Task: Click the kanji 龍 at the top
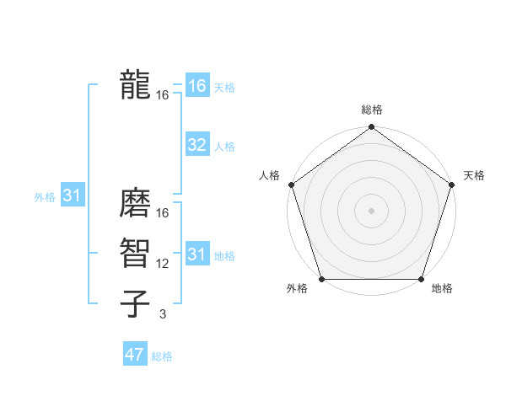click(135, 85)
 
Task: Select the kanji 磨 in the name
click(135, 206)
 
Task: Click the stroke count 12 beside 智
click(163, 264)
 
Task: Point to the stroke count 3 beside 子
click(163, 314)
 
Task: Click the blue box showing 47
click(135, 355)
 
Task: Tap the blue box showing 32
click(197, 145)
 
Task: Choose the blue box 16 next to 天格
click(197, 86)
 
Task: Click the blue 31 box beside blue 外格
click(71, 196)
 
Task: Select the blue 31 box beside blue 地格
click(197, 254)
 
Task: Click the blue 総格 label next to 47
click(162, 356)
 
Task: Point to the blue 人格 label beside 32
click(224, 147)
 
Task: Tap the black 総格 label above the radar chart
click(372, 110)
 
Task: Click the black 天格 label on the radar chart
click(474, 175)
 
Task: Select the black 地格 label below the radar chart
click(442, 289)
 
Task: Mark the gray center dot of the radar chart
click(371, 210)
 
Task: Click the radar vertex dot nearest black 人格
click(292, 185)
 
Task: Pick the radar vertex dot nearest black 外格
click(322, 279)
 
